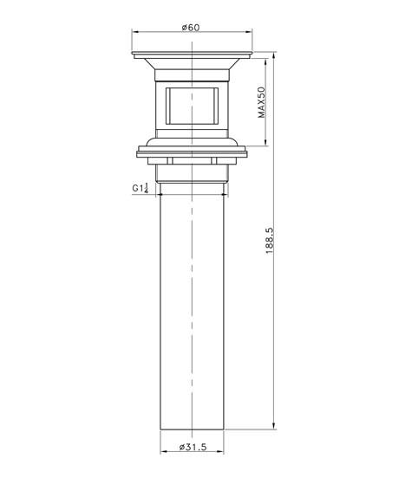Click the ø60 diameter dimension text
(x=192, y=27)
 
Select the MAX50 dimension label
(x=262, y=102)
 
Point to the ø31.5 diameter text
(x=192, y=448)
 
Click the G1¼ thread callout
(x=141, y=188)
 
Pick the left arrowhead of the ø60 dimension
(x=134, y=34)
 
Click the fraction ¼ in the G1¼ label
(x=147, y=188)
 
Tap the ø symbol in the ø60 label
(x=185, y=27)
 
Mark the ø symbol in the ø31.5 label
(x=180, y=448)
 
